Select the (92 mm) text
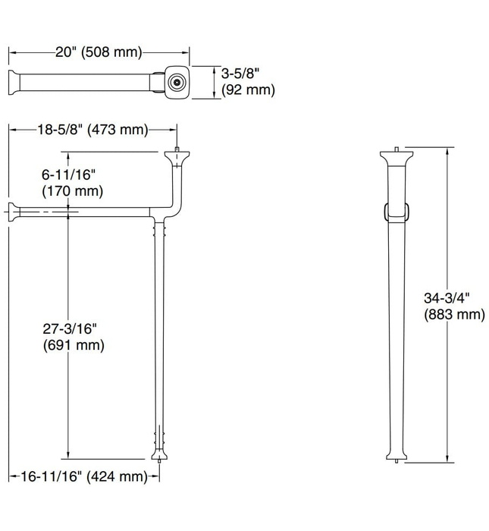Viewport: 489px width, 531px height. (248, 91)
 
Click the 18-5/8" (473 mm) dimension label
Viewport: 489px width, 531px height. (92, 130)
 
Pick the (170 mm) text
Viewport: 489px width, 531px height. (73, 190)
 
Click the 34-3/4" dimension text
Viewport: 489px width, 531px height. (447, 298)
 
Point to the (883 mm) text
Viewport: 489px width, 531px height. (453, 315)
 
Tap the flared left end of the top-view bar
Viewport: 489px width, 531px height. (13, 81)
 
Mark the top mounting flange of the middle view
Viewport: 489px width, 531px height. (177, 157)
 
